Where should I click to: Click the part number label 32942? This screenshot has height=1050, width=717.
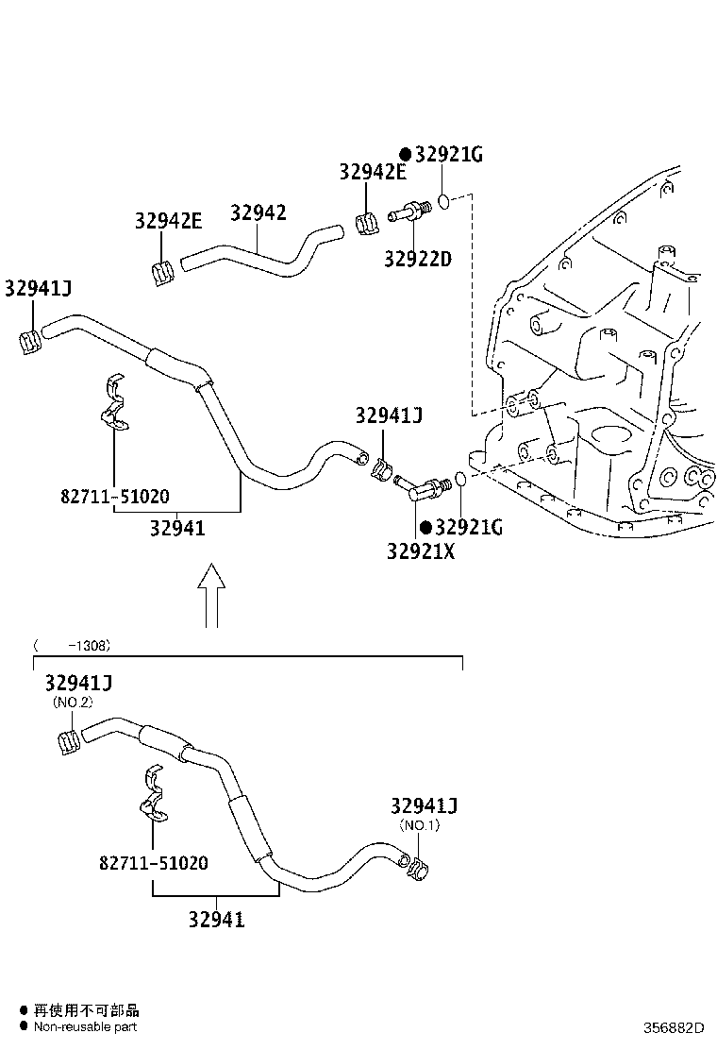[258, 213]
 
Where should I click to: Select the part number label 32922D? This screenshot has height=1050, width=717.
[417, 258]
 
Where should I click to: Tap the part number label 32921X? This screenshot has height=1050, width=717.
[420, 550]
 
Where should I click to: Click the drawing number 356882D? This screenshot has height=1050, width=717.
[674, 1027]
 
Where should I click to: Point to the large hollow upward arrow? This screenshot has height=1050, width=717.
[212, 596]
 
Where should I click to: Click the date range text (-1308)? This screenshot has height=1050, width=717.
[73, 646]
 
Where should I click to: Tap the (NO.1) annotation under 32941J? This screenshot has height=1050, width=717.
[419, 825]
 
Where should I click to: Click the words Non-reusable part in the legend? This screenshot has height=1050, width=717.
[86, 1027]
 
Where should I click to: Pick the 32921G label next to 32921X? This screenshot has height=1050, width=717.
[468, 528]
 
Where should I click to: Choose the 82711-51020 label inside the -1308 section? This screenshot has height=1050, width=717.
[153, 863]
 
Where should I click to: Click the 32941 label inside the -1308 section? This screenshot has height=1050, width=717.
[216, 919]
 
